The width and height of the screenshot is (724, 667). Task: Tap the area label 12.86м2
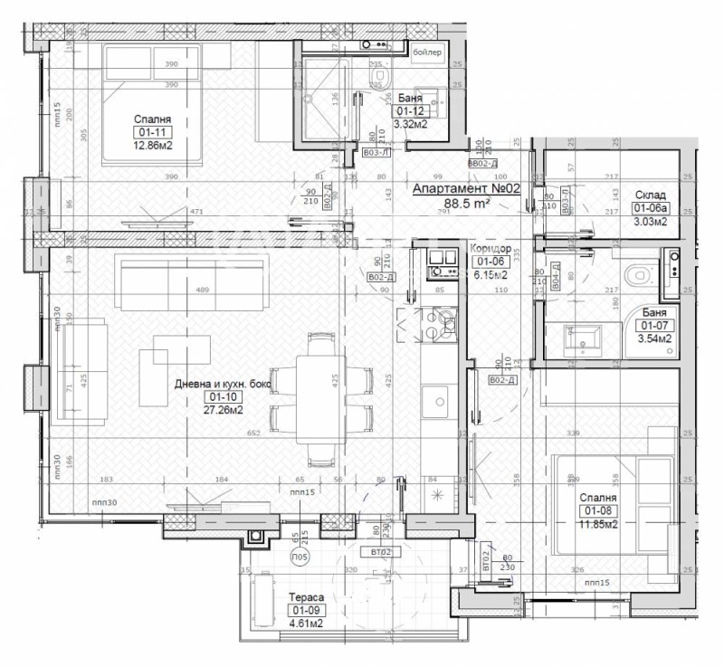point(152,146)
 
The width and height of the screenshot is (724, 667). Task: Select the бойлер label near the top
point(427,52)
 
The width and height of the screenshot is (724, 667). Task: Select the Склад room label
point(650,195)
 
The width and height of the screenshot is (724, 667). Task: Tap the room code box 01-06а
point(650,207)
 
